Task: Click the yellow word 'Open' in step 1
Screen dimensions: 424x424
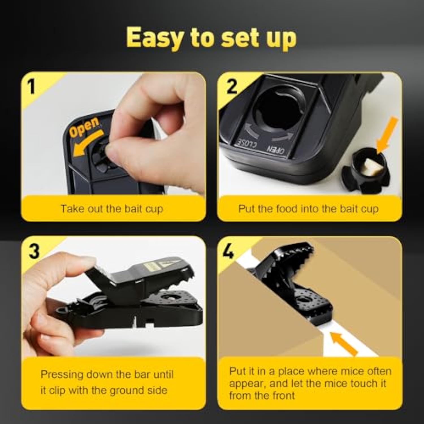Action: pyautogui.click(x=85, y=127)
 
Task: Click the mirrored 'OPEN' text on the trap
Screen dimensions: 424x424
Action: pyautogui.click(x=276, y=150)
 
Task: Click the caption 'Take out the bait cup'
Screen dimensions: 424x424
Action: pyautogui.click(x=112, y=209)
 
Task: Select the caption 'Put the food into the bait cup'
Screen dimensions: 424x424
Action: pyautogui.click(x=308, y=209)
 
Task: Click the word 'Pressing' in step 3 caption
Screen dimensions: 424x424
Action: pyautogui.click(x=62, y=375)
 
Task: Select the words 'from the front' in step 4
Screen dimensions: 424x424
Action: pyautogui.click(x=262, y=395)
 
